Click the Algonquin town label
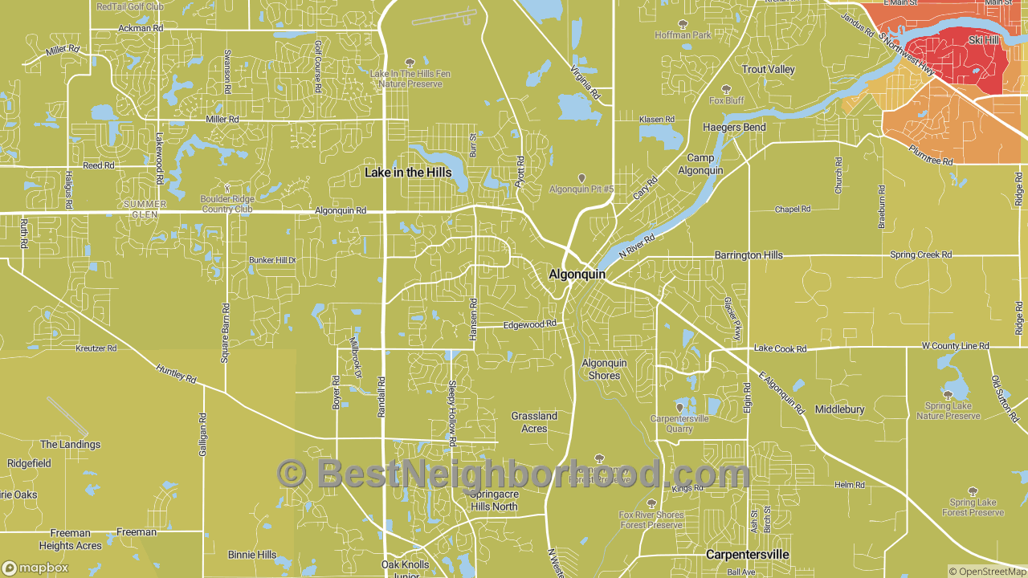(577, 274)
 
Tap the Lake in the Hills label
(408, 173)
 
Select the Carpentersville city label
(747, 555)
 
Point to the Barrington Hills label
(749, 255)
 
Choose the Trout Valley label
(768, 70)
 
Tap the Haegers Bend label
(734, 128)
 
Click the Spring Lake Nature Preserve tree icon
(948, 394)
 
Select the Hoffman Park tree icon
(683, 24)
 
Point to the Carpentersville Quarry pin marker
(679, 407)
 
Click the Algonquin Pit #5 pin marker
(581, 178)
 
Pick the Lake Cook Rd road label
(780, 349)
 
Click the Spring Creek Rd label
(920, 254)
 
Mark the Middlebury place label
(839, 409)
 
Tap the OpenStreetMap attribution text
(986, 572)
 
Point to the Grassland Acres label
(534, 422)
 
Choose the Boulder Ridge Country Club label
(227, 204)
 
